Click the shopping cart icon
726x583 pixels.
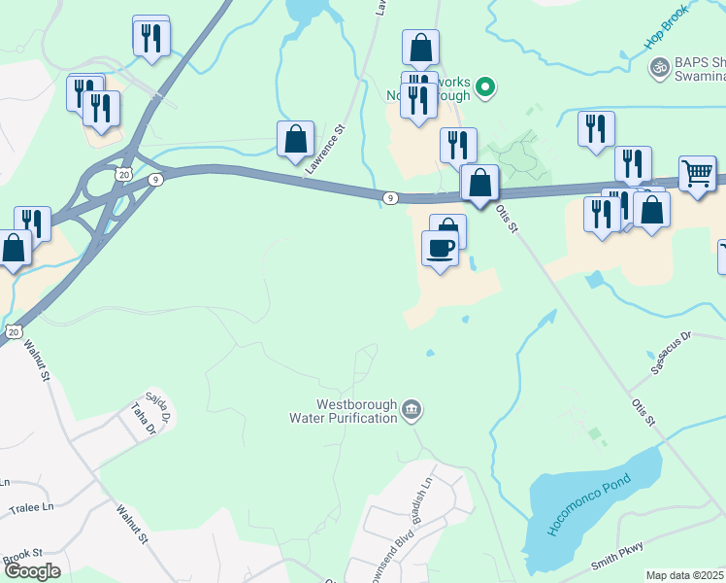point(697,173)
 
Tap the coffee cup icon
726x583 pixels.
point(440,248)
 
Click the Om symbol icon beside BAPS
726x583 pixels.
point(659,66)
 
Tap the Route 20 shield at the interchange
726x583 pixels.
point(121,174)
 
